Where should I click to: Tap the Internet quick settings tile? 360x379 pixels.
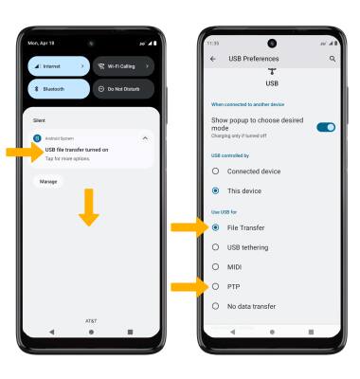pos(59,67)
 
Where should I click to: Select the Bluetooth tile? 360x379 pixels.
pos(59,89)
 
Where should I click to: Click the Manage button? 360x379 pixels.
pos(48,180)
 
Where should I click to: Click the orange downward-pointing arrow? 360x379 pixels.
pos(88,208)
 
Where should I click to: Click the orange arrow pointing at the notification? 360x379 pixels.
pos(23,151)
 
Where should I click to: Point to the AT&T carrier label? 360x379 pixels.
pos(91,320)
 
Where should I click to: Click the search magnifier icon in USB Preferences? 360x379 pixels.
pos(333,59)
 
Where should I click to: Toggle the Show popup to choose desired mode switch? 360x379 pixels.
pos(326,127)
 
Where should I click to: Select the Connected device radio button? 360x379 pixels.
pos(216,171)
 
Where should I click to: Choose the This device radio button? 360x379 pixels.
pos(216,190)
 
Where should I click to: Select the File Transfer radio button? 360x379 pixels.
pos(216,227)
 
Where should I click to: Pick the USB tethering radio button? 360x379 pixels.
pos(216,247)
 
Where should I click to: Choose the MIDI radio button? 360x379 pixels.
pos(216,267)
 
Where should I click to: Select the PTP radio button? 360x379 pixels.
pos(216,286)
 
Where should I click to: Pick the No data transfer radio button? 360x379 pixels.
pos(216,306)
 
